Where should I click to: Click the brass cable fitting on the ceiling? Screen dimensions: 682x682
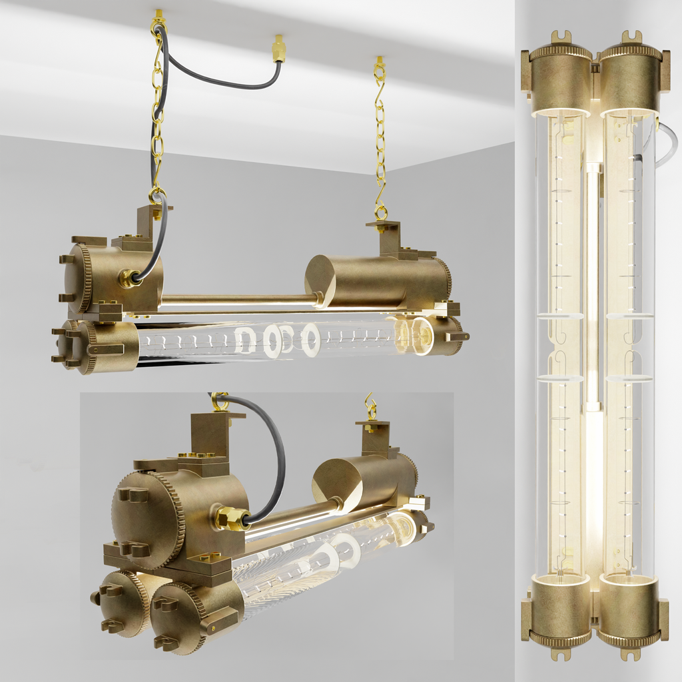click(278, 50)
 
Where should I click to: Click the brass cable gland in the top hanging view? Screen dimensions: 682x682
click(127, 278)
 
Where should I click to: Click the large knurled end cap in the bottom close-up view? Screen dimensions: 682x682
click(148, 519)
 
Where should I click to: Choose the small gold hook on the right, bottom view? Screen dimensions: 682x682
click(370, 406)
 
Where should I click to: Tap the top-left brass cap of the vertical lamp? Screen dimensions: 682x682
click(560, 77)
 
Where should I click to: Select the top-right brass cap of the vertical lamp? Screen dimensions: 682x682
click(630, 77)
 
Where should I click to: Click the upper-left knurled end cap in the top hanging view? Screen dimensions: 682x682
click(83, 278)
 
